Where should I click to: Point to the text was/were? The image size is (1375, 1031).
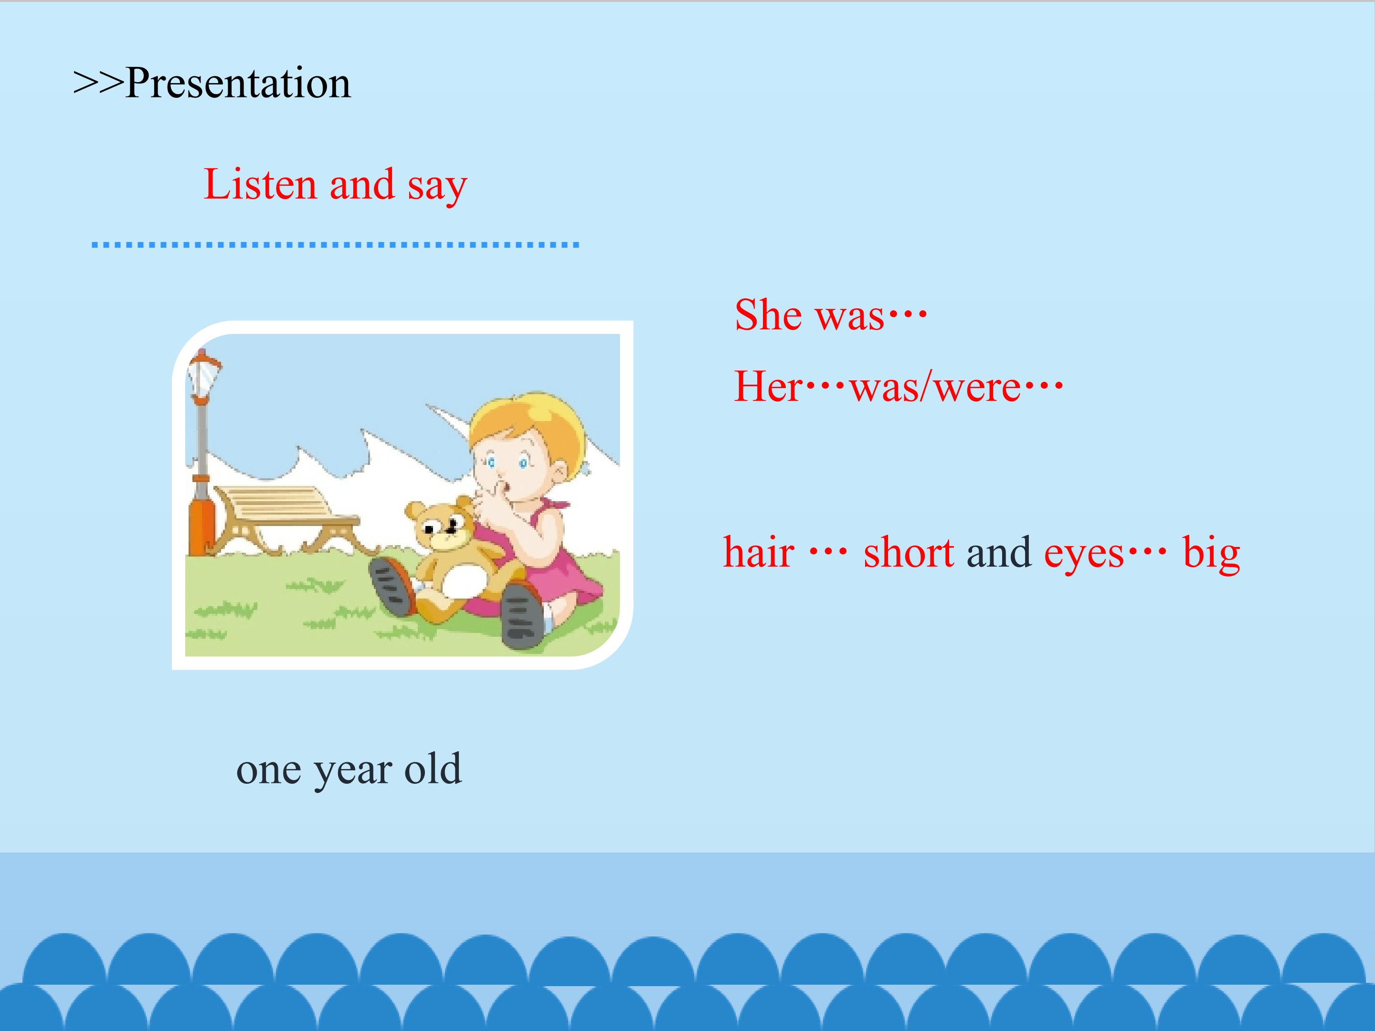(x=935, y=387)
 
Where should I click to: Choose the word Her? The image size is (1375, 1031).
(x=769, y=387)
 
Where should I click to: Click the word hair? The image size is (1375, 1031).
(x=758, y=552)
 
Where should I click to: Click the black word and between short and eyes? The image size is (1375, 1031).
(x=999, y=552)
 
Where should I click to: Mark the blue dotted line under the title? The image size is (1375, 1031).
(x=336, y=245)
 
